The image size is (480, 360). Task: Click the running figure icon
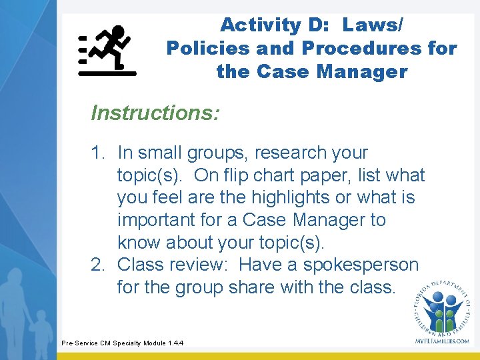coord(108,51)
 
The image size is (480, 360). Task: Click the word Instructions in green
coord(155,113)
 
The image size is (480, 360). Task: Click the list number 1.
coord(98,153)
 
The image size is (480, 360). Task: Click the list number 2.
coord(98,265)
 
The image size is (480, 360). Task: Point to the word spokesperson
coord(361,265)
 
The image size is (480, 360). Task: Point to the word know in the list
coord(139,242)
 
